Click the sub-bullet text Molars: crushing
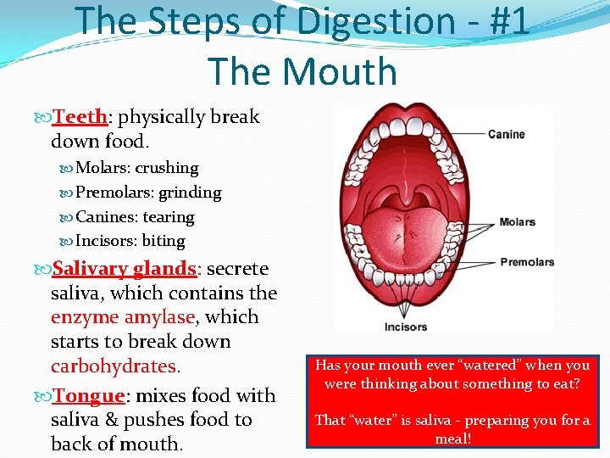pyautogui.click(x=136, y=168)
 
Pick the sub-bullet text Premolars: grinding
pyautogui.click(x=148, y=193)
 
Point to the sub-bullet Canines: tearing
pyautogui.click(x=135, y=217)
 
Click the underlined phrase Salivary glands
pyautogui.click(x=125, y=269)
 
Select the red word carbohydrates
pyautogui.click(x=114, y=366)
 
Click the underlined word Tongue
pyautogui.click(x=89, y=396)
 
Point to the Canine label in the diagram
pyautogui.click(x=506, y=134)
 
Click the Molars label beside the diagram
pyautogui.click(x=517, y=222)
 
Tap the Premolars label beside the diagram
pyautogui.click(x=527, y=262)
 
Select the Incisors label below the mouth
pyautogui.click(x=406, y=327)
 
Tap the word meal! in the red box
pyautogui.click(x=452, y=438)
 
